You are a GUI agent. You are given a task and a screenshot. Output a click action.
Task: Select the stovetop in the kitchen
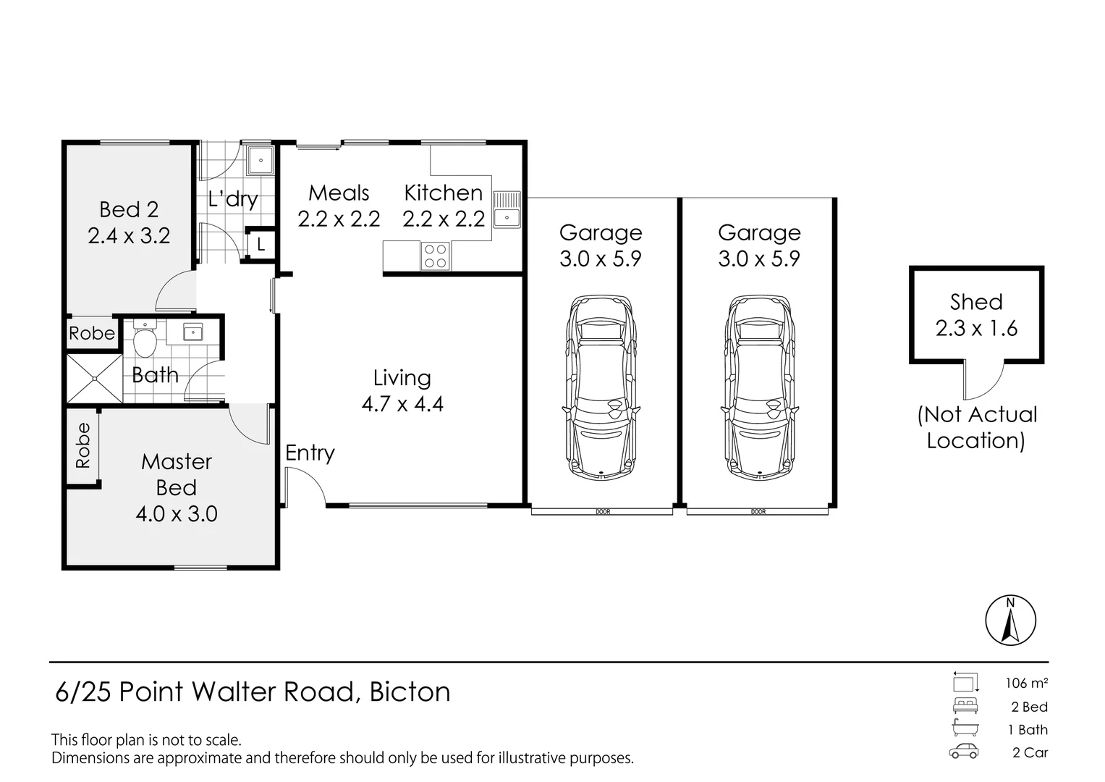click(435, 256)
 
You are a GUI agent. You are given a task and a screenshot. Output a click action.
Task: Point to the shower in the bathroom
click(94, 377)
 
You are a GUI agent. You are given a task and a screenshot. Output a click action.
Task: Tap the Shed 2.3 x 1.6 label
click(976, 315)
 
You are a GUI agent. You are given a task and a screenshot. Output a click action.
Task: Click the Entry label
click(310, 453)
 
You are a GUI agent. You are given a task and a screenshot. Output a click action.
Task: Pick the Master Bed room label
click(177, 474)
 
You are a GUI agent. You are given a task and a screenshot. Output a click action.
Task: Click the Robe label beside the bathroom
click(92, 333)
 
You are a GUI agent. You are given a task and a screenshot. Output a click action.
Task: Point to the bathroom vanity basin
click(192, 332)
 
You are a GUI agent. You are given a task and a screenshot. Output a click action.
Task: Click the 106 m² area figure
click(1026, 683)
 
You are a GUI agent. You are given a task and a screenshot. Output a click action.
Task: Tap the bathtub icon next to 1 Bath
click(965, 729)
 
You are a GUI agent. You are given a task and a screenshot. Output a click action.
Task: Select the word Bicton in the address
click(410, 692)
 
